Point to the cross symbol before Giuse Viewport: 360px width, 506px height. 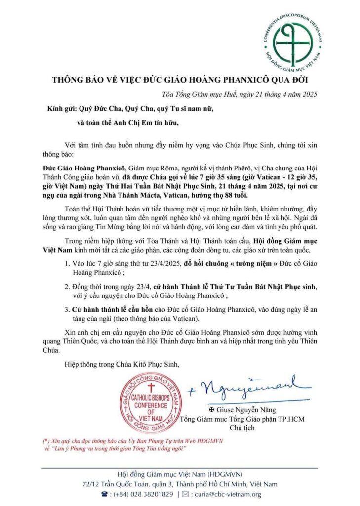coord(212,410)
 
